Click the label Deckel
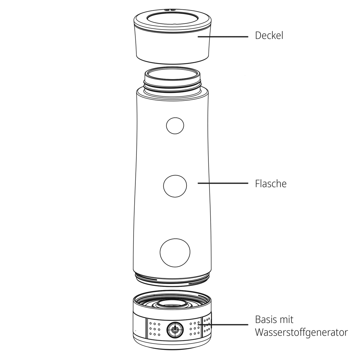(269, 36)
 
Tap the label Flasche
(271, 184)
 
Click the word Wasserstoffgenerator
(301, 332)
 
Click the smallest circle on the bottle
(175, 126)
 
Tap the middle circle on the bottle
(175, 186)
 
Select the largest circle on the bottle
(175, 253)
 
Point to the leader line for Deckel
(223, 36)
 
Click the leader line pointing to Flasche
(223, 183)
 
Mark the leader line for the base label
(223, 325)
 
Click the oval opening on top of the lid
(172, 19)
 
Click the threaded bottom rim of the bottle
(172, 279)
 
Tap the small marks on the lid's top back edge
(170, 10)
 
